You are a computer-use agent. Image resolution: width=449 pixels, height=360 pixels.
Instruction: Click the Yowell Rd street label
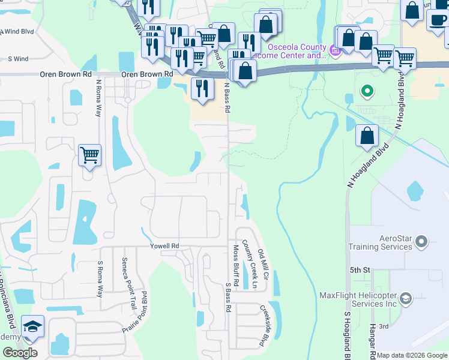pyautogui.click(x=164, y=246)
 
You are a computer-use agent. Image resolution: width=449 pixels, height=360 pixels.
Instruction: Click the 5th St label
pyautogui.click(x=360, y=270)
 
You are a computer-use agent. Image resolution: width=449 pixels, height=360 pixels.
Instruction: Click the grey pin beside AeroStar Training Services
pyautogui.click(x=421, y=242)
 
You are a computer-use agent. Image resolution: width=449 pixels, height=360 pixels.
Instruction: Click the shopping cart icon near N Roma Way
pyautogui.click(x=89, y=155)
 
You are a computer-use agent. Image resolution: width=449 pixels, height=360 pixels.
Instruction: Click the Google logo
pyautogui.click(x=20, y=353)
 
